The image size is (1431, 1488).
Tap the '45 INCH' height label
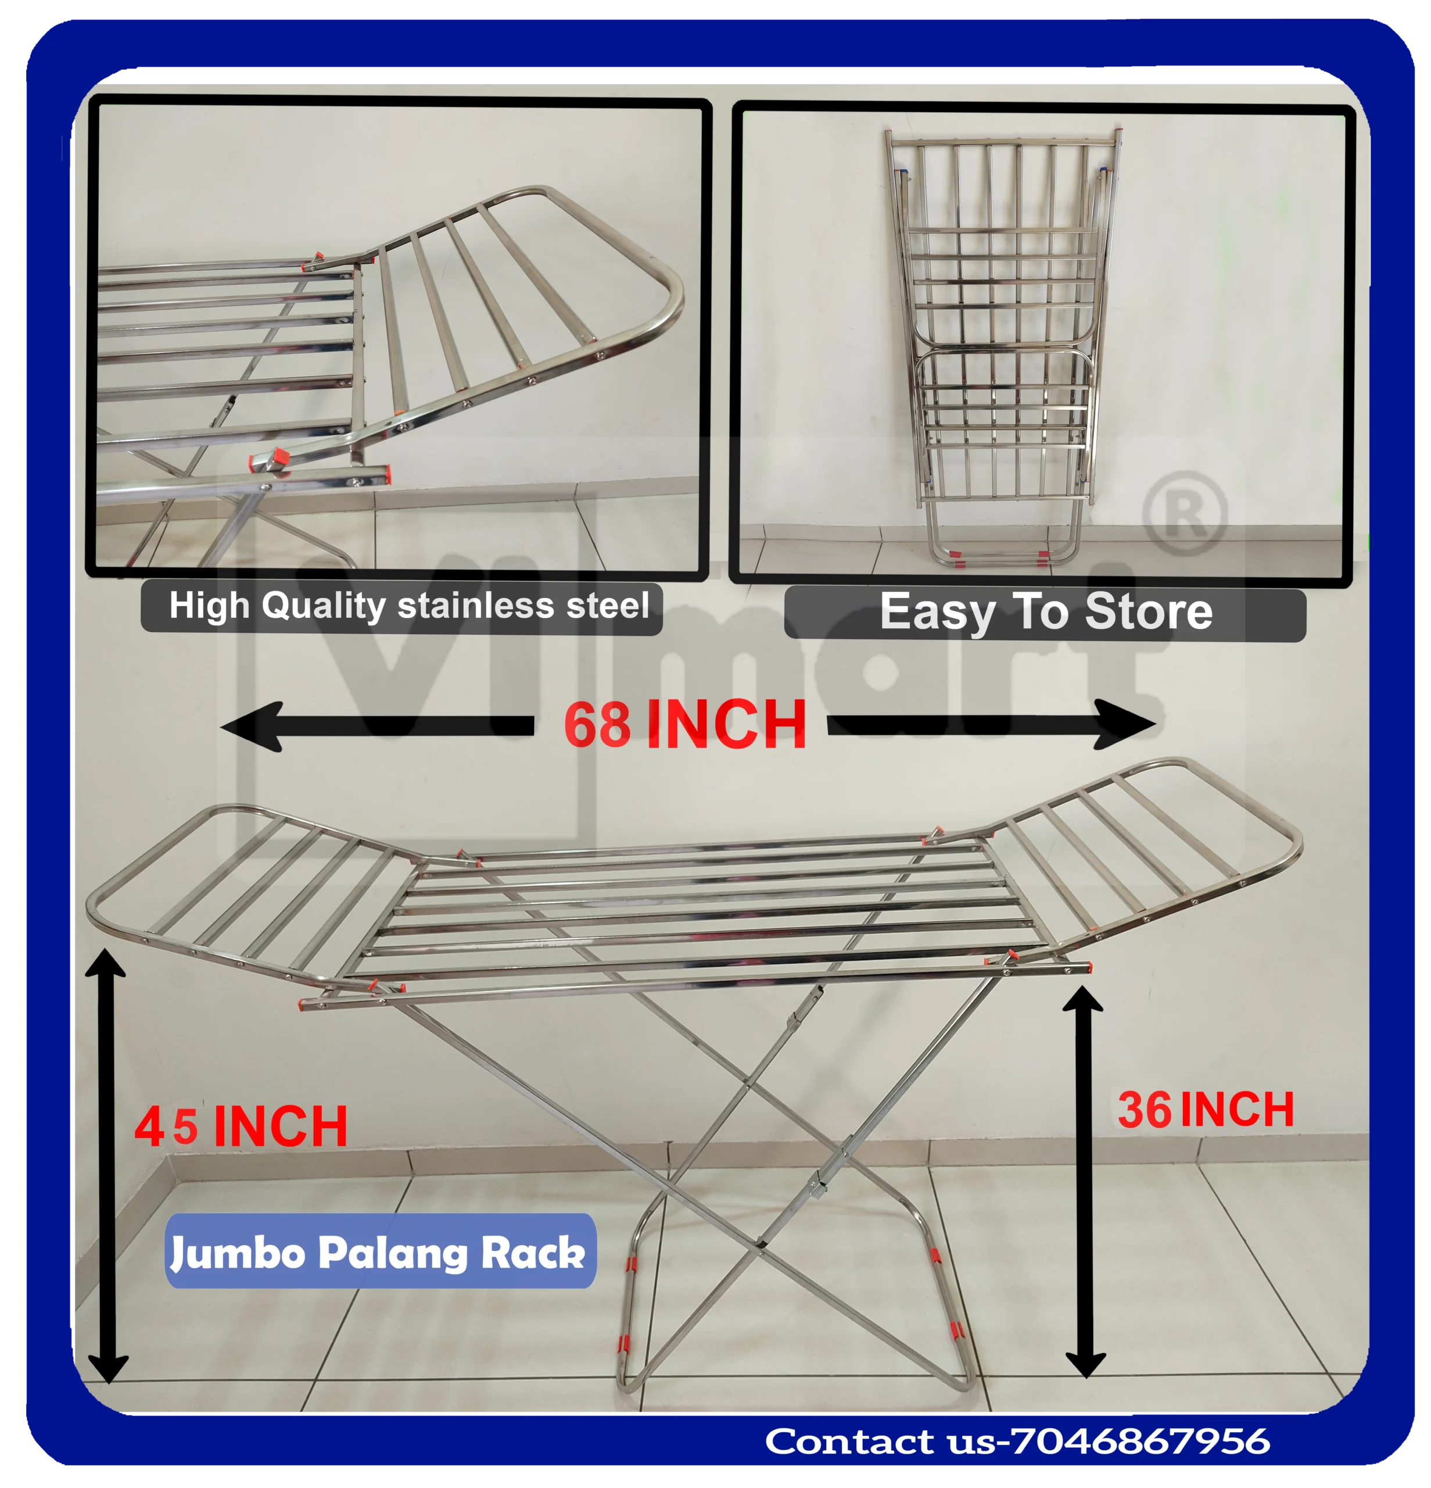[241, 1126]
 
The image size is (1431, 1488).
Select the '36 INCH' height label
[1205, 1110]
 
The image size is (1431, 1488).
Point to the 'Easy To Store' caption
[1046, 612]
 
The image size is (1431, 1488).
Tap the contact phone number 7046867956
[1141, 1441]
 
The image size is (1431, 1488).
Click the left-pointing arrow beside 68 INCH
[377, 727]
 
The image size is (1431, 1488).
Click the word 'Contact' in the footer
[849, 1441]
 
